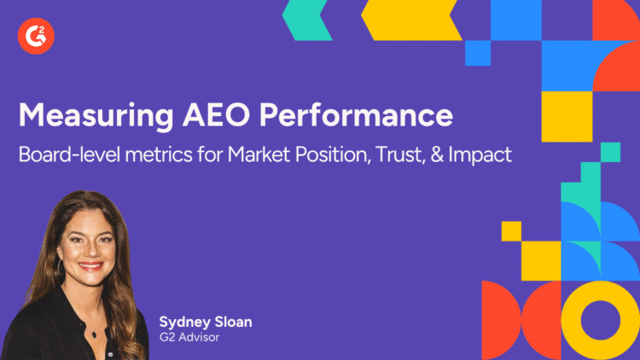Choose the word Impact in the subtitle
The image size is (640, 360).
point(491,154)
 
